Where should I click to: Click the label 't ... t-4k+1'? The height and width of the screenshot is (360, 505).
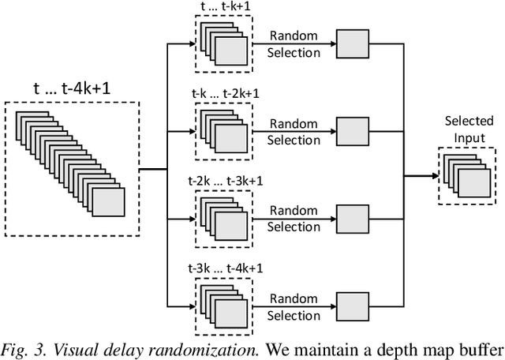click(x=72, y=88)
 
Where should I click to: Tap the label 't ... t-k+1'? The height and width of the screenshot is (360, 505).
click(x=223, y=7)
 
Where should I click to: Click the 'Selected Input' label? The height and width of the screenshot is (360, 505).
click(x=469, y=129)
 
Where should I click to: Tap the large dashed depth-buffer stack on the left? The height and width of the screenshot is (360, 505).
click(x=73, y=167)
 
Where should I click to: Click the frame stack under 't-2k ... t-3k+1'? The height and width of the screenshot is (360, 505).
click(x=223, y=216)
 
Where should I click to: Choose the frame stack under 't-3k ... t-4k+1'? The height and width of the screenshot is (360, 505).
click(x=223, y=303)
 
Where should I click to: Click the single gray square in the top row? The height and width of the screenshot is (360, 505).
click(x=351, y=44)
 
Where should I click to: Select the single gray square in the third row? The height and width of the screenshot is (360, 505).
click(x=351, y=218)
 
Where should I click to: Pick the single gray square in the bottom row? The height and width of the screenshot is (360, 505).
click(x=351, y=305)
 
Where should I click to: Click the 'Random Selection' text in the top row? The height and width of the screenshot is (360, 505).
click(x=294, y=44)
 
